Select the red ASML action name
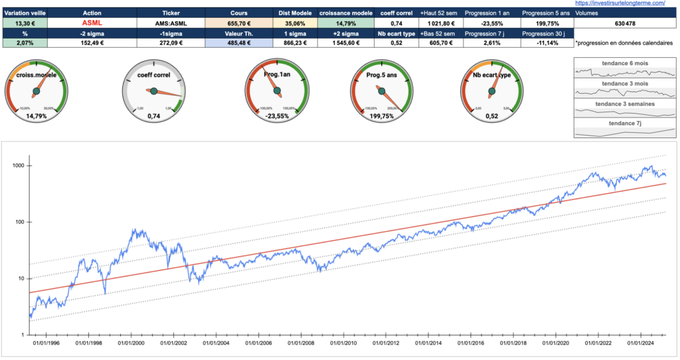(x=92, y=23)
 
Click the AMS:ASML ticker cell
(x=171, y=23)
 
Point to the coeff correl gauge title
(x=153, y=75)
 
